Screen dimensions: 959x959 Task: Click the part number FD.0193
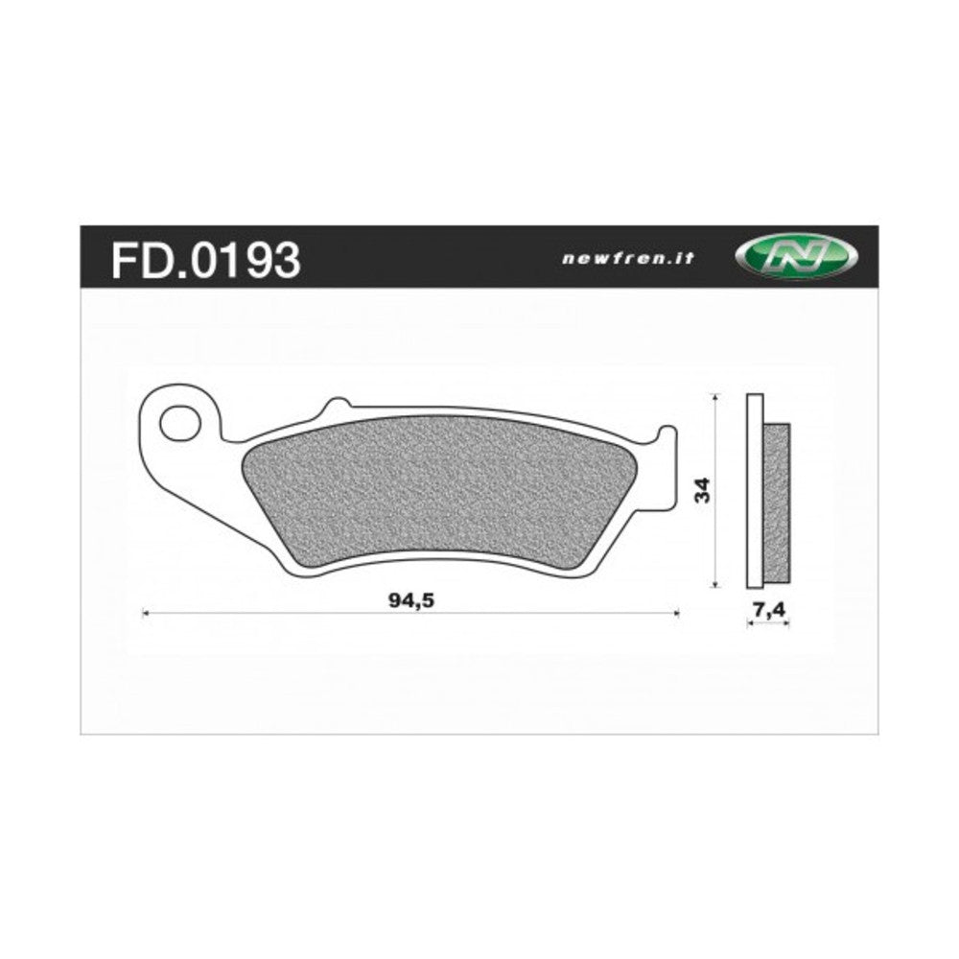[x=205, y=259]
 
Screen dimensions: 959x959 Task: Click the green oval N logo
[x=796, y=257]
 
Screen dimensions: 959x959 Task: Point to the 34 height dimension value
[x=704, y=490]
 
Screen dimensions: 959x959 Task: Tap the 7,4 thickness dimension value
[x=767, y=607]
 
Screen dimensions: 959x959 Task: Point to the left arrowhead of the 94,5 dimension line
[x=145, y=612]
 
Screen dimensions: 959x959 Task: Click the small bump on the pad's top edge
[x=335, y=406]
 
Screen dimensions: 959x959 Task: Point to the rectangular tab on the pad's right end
[x=667, y=470]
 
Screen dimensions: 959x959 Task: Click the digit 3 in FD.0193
[x=285, y=259]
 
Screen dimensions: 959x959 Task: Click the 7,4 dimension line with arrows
[x=767, y=623]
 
